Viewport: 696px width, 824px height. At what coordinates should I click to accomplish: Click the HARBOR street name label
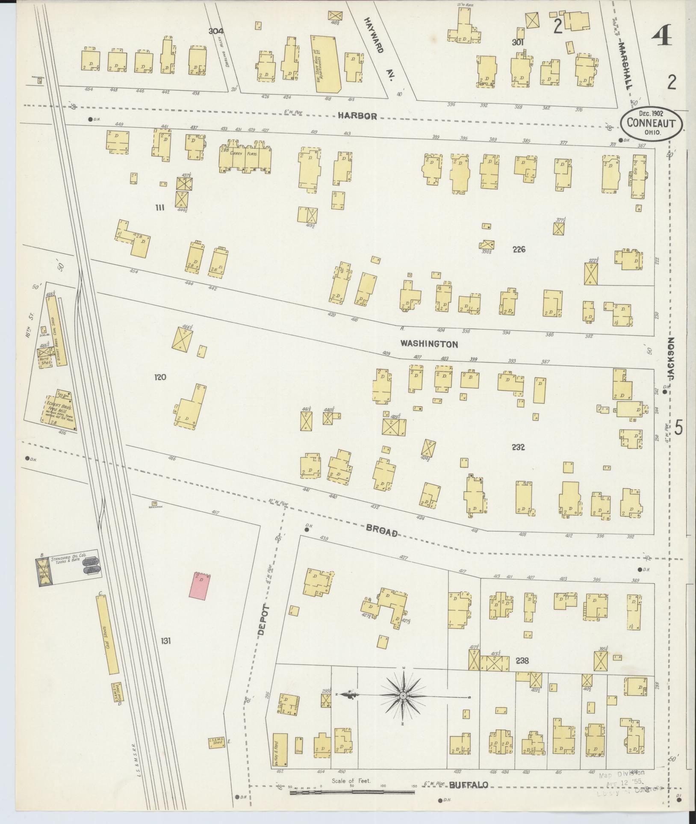pos(357,116)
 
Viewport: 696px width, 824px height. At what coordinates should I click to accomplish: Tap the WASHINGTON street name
pos(429,344)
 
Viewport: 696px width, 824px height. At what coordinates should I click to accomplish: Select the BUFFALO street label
pos(469,785)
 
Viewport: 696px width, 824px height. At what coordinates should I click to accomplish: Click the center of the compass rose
pos(403,697)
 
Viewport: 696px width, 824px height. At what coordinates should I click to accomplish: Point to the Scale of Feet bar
pos(352,792)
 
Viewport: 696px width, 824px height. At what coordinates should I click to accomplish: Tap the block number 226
pos(519,250)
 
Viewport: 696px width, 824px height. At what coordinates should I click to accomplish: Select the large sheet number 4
pos(662,36)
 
